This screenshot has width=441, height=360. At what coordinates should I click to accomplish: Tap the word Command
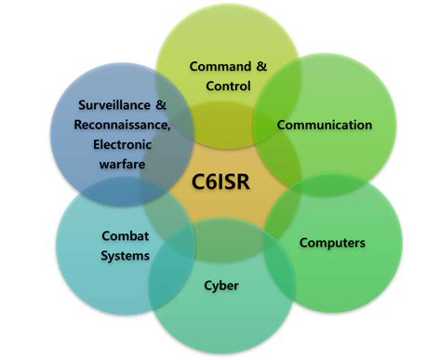[220, 66]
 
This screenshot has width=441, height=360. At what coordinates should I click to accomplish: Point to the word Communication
[325, 125]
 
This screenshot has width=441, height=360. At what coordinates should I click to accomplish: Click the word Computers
[332, 243]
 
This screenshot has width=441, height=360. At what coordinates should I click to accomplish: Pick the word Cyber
[220, 285]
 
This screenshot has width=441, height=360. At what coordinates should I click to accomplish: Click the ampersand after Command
[261, 66]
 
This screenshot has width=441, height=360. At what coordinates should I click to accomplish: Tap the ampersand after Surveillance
[160, 106]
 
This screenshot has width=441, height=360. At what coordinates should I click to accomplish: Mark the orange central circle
[220, 200]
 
